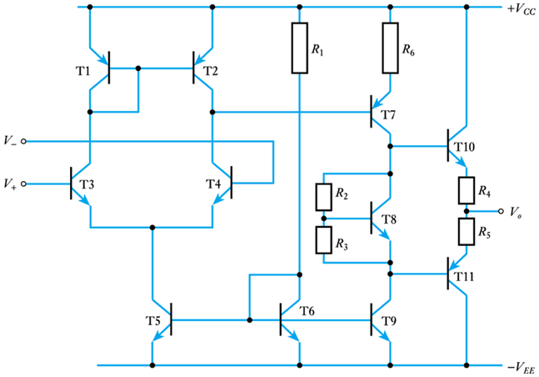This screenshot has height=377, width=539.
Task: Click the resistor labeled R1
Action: pos(299,48)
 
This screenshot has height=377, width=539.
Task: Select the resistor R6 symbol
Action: pos(389,48)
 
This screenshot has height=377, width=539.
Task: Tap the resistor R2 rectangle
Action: pos(323,198)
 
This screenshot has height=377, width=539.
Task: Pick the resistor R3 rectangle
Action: pos(323,240)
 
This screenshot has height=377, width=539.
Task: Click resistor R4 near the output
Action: pos(467,190)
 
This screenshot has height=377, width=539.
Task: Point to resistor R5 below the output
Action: pos(467,229)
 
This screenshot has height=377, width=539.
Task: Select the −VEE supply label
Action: pos(517,365)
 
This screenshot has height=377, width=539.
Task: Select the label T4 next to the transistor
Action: pos(215,183)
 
